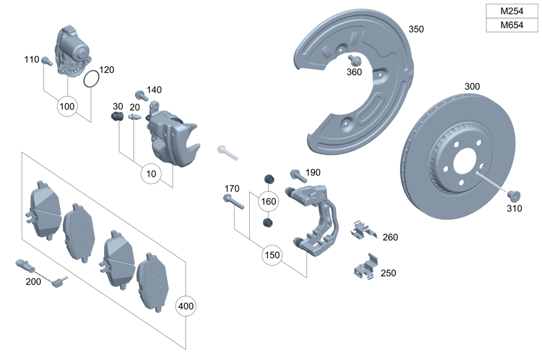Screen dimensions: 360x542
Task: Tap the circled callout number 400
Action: (x=185, y=306)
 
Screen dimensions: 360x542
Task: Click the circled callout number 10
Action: (x=151, y=174)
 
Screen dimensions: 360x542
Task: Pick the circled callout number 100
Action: (x=67, y=106)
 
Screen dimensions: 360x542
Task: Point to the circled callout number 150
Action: (x=273, y=255)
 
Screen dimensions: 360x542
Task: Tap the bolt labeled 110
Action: (x=46, y=61)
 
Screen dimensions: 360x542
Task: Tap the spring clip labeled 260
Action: (x=363, y=230)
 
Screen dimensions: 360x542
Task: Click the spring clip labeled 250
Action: (x=365, y=268)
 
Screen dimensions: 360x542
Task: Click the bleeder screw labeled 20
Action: (x=134, y=118)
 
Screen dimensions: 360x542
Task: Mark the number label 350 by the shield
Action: (x=416, y=29)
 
